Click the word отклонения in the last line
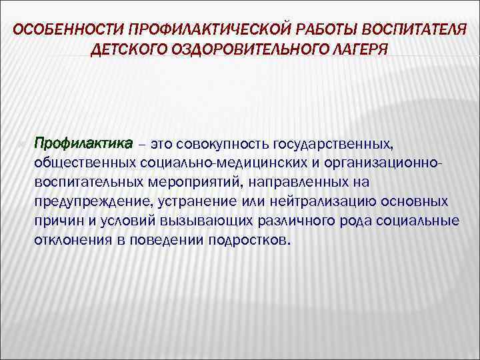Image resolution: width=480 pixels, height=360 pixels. pyautogui.click(x=70, y=240)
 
